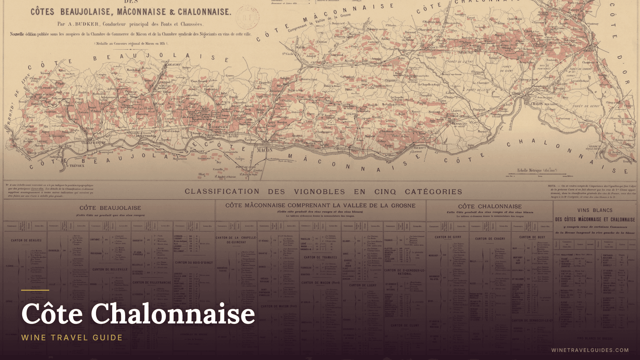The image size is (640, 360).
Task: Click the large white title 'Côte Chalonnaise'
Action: [x=138, y=314]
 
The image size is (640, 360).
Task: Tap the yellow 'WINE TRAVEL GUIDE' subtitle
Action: [x=72, y=337]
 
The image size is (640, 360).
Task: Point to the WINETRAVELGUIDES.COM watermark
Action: [x=590, y=350]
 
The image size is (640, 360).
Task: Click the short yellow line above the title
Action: [x=35, y=290]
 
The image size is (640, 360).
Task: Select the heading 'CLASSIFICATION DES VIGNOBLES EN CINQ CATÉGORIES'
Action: [x=323, y=192]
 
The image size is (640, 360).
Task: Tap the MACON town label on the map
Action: [x=264, y=150]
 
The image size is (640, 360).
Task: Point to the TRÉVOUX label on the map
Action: [x=77, y=166]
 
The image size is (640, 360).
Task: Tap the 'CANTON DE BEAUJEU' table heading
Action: [x=26, y=240]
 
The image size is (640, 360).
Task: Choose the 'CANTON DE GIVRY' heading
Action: [x=448, y=237]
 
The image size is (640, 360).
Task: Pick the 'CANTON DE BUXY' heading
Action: [x=532, y=237]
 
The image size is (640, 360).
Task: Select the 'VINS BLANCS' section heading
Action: [x=595, y=210]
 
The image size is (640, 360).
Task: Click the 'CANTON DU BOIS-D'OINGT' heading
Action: [x=194, y=263]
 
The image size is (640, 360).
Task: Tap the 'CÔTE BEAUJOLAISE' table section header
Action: [x=110, y=208]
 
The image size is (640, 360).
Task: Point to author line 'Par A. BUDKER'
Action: [x=130, y=24]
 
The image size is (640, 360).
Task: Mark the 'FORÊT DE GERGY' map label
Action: [x=586, y=106]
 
